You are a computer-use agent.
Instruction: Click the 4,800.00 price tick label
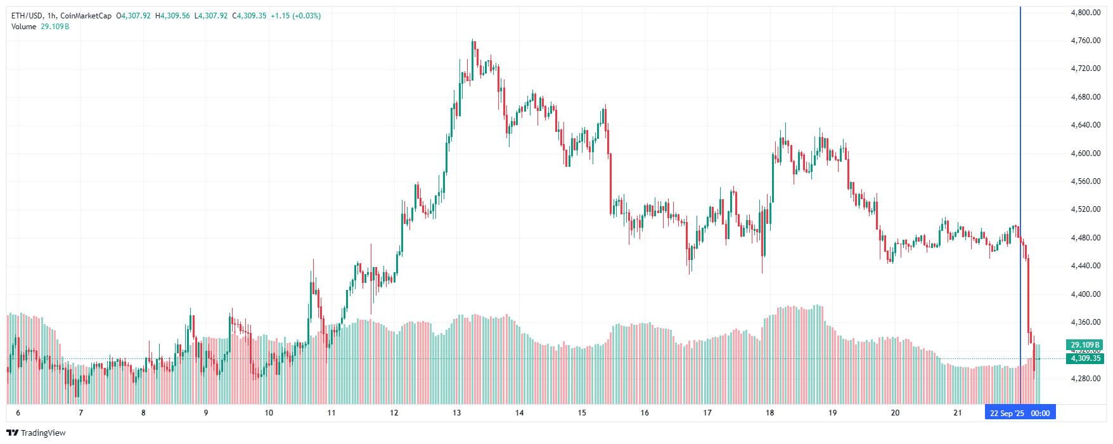click(1085, 12)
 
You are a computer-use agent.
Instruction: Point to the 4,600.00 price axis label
click(1085, 153)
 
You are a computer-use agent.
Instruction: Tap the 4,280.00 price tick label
click(1085, 379)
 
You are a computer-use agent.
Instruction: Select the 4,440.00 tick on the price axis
click(1085, 266)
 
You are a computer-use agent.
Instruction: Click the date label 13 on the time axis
click(457, 413)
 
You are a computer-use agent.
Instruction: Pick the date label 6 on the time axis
click(18, 413)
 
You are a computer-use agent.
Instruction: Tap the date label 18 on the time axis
click(769, 413)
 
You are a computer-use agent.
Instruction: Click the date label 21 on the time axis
click(958, 413)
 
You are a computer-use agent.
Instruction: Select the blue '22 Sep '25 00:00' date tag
click(1019, 413)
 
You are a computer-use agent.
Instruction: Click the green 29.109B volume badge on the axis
click(1085, 345)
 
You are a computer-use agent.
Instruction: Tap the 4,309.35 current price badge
click(1085, 358)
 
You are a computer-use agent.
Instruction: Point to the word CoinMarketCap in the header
click(86, 16)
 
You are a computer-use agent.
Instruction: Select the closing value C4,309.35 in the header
click(249, 16)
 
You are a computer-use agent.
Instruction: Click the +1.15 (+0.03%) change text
click(295, 16)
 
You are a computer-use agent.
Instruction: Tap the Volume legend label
click(23, 27)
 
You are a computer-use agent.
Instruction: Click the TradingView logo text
click(42, 433)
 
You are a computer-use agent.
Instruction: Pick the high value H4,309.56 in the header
click(172, 16)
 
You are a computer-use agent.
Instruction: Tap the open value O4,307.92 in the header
click(133, 16)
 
